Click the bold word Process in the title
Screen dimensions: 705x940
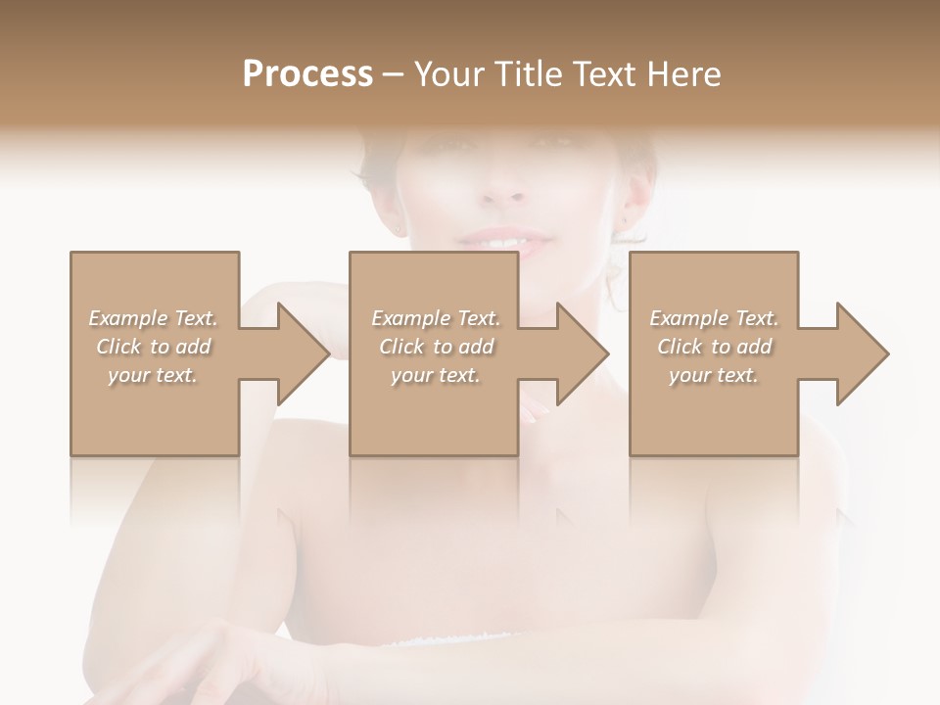click(x=307, y=73)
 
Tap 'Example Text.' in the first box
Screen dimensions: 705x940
click(x=153, y=318)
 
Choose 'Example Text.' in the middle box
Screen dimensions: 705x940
click(x=436, y=318)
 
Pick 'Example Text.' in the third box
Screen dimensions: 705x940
click(x=714, y=318)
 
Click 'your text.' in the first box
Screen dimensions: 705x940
click(x=153, y=375)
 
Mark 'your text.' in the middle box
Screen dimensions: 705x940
click(x=436, y=375)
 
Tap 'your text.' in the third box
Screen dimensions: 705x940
click(x=714, y=375)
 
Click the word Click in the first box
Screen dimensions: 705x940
click(x=118, y=347)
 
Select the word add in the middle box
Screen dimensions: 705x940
click(x=476, y=347)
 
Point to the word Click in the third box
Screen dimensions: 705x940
click(x=680, y=347)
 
